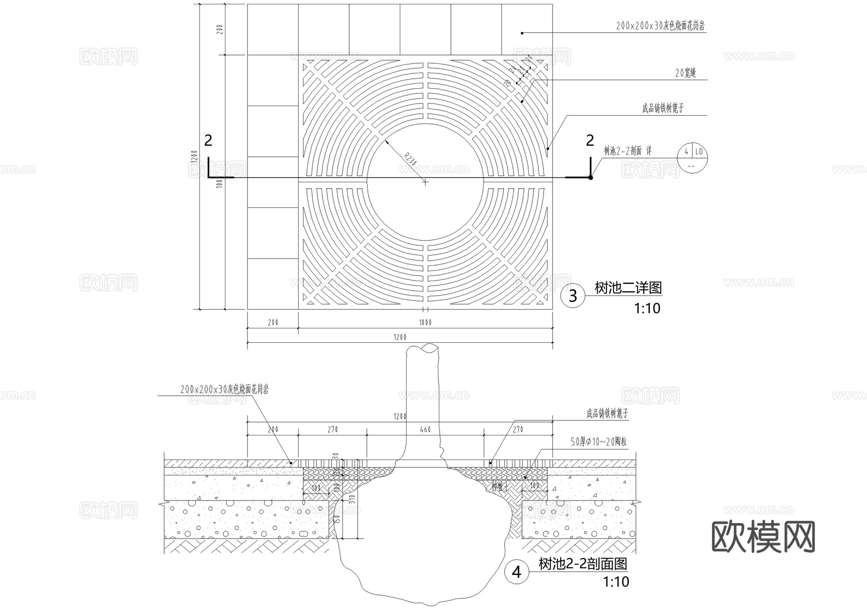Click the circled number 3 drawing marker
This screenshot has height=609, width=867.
tap(573, 295)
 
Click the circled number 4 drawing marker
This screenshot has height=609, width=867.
tap(516, 572)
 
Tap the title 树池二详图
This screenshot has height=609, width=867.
tap(628, 288)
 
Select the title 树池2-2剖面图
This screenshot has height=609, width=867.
tap(583, 563)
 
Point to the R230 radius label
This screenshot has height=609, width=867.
tap(409, 159)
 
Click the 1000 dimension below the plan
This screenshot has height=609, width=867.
tap(425, 322)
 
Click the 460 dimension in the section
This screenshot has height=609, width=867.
tap(425, 429)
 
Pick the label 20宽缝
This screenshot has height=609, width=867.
tap(685, 73)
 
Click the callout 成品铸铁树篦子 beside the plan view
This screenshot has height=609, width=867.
tap(663, 108)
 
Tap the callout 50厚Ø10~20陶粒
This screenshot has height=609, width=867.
tap(598, 442)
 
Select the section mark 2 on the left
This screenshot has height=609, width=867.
tap(208, 140)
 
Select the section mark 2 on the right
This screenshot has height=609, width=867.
tap(590, 140)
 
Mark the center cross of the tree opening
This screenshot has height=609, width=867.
tap(425, 182)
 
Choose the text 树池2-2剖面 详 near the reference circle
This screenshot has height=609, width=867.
tap(628, 151)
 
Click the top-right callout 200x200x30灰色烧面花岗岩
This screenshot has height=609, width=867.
tap(660, 26)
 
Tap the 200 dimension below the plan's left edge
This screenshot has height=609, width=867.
tap(273, 322)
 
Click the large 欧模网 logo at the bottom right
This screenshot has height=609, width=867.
tap(763, 537)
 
